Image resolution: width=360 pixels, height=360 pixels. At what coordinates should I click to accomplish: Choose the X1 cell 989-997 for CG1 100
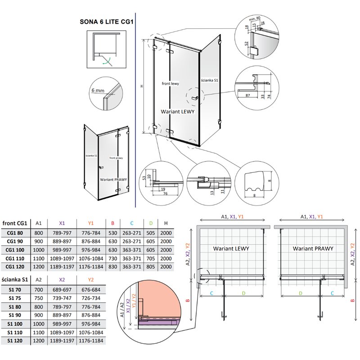[62, 249]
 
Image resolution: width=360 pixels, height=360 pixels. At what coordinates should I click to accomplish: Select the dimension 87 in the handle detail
[248, 95]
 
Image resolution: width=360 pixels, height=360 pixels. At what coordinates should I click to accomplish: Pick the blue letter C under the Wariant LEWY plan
[211, 293]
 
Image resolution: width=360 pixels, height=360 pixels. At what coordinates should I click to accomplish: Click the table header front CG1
[15, 222]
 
